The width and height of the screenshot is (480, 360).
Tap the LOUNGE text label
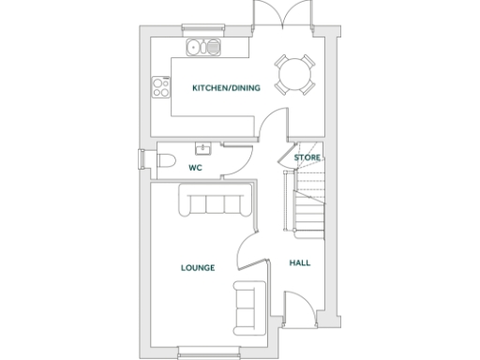click(x=198, y=267)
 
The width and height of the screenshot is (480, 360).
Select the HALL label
click(x=300, y=262)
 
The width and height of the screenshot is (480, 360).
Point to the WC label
click(x=196, y=168)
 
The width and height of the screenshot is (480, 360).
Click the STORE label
click(x=307, y=157)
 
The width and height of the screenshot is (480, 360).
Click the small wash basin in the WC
click(x=202, y=147)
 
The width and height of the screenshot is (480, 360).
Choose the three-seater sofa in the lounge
click(x=215, y=202)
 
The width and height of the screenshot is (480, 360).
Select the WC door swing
click(x=236, y=158)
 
